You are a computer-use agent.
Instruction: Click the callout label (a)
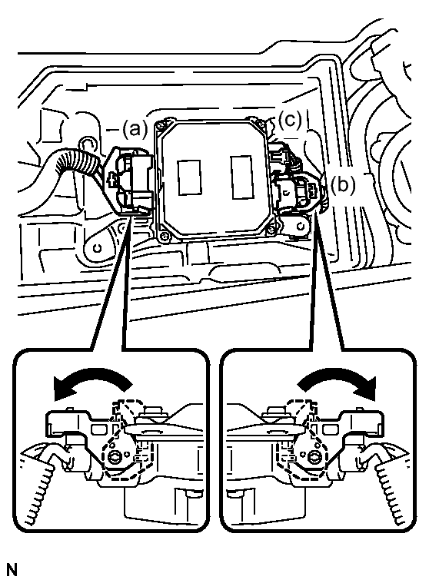tap(135, 129)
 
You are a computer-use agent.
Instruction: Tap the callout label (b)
tap(343, 185)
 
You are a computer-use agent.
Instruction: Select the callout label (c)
tap(290, 120)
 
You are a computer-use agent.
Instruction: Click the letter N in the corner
tap(12, 570)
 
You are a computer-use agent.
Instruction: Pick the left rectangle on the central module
tap(189, 177)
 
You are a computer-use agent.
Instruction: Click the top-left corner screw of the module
tap(161, 125)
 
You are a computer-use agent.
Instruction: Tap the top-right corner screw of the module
tap(254, 121)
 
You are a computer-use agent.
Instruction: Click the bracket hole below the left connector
tap(98, 247)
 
